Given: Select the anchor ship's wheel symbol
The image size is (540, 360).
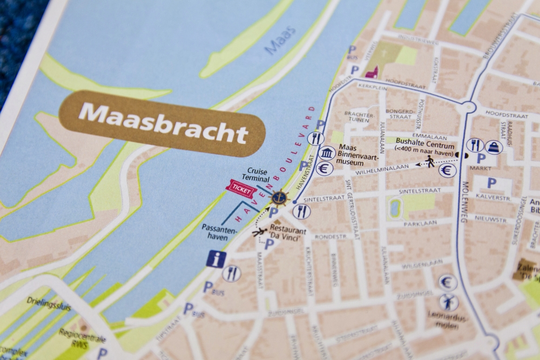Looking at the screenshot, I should coord(279,198).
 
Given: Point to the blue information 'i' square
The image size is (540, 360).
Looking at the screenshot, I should coord(216,259).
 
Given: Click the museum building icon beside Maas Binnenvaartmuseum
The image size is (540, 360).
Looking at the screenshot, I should coord(326,153).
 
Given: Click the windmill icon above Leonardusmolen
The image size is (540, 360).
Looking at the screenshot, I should coord(448,302).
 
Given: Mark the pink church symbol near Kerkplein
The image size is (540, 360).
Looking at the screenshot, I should coord(372,72).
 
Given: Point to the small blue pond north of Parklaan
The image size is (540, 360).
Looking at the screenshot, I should coord(394,207).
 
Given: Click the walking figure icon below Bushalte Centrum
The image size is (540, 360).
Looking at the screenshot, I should coord(430,161).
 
